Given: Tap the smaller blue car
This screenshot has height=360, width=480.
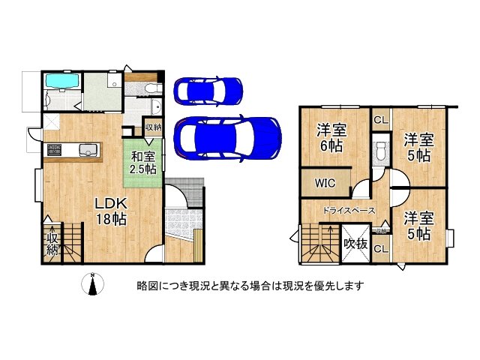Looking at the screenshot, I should (x=208, y=91).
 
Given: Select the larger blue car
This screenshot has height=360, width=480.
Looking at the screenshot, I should (x=226, y=136).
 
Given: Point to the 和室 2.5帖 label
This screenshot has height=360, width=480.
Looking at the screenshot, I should (x=142, y=163).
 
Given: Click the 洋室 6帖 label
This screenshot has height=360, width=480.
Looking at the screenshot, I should (x=330, y=137).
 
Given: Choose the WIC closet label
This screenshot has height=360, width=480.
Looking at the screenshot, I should (x=325, y=181).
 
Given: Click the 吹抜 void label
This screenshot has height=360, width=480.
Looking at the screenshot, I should (x=355, y=244).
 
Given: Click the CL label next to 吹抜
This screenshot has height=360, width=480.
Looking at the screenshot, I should (x=380, y=249).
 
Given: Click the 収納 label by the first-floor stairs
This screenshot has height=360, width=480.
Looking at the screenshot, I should (x=52, y=244).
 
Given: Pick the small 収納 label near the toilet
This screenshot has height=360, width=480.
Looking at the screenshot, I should (x=152, y=127).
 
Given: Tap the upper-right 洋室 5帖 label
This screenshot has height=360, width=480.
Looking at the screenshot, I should (x=418, y=148).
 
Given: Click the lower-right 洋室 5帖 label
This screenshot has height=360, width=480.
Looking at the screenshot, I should (x=418, y=226).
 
